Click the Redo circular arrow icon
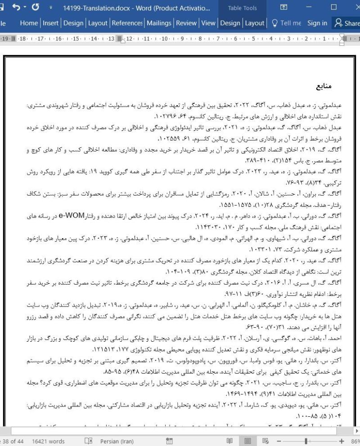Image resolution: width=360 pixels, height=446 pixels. (x=36, y=8)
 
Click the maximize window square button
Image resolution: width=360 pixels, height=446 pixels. (x=333, y=8)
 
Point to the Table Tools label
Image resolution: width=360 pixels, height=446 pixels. (x=243, y=8)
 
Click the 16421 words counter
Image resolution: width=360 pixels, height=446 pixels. (x=49, y=441)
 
